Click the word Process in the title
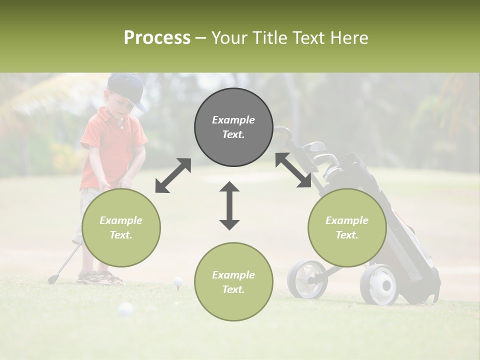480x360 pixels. pyautogui.click(x=157, y=38)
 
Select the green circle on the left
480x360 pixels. pyautogui.click(x=121, y=227)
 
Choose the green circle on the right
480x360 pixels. pyautogui.click(x=347, y=227)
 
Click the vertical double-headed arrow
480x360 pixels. pyautogui.click(x=229, y=205)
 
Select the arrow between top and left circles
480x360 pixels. pyautogui.click(x=173, y=175)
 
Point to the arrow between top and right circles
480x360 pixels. pyautogui.click(x=293, y=170)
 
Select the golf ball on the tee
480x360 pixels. pyautogui.click(x=178, y=282)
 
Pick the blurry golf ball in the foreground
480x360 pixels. pyautogui.click(x=125, y=310)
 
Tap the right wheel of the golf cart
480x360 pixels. pyautogui.click(x=379, y=285)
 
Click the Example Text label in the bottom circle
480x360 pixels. pyautogui.click(x=233, y=282)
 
